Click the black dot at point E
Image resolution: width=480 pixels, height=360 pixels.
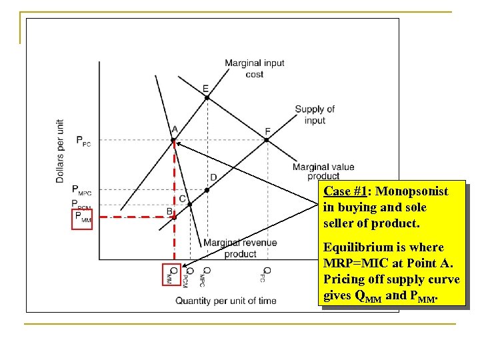[x=207, y=97]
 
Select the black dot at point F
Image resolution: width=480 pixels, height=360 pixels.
[x=267, y=140]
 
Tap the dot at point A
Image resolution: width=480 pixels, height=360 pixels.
[x=174, y=140]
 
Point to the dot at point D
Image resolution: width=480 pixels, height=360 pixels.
[x=207, y=190]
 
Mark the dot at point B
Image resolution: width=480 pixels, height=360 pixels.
[x=175, y=217]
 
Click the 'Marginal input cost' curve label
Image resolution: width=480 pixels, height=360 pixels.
[x=254, y=69]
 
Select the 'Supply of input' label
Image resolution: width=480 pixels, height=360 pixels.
[x=315, y=115]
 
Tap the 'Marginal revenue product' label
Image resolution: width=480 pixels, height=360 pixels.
[x=240, y=248]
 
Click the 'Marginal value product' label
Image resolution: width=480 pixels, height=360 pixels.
[x=323, y=171]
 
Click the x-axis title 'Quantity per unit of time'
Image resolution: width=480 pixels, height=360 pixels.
[x=225, y=301]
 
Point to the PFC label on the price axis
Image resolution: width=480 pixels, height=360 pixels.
[x=83, y=141]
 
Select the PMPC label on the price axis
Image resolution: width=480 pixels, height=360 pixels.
[x=83, y=190]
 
